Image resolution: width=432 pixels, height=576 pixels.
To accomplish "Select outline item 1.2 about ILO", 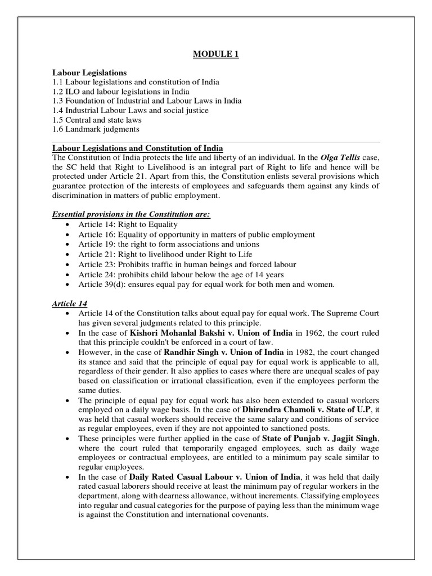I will (121, 91).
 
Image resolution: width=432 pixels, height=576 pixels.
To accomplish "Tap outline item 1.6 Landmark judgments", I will (96, 129).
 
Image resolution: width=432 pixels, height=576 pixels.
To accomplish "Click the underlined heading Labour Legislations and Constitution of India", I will (138, 148).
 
